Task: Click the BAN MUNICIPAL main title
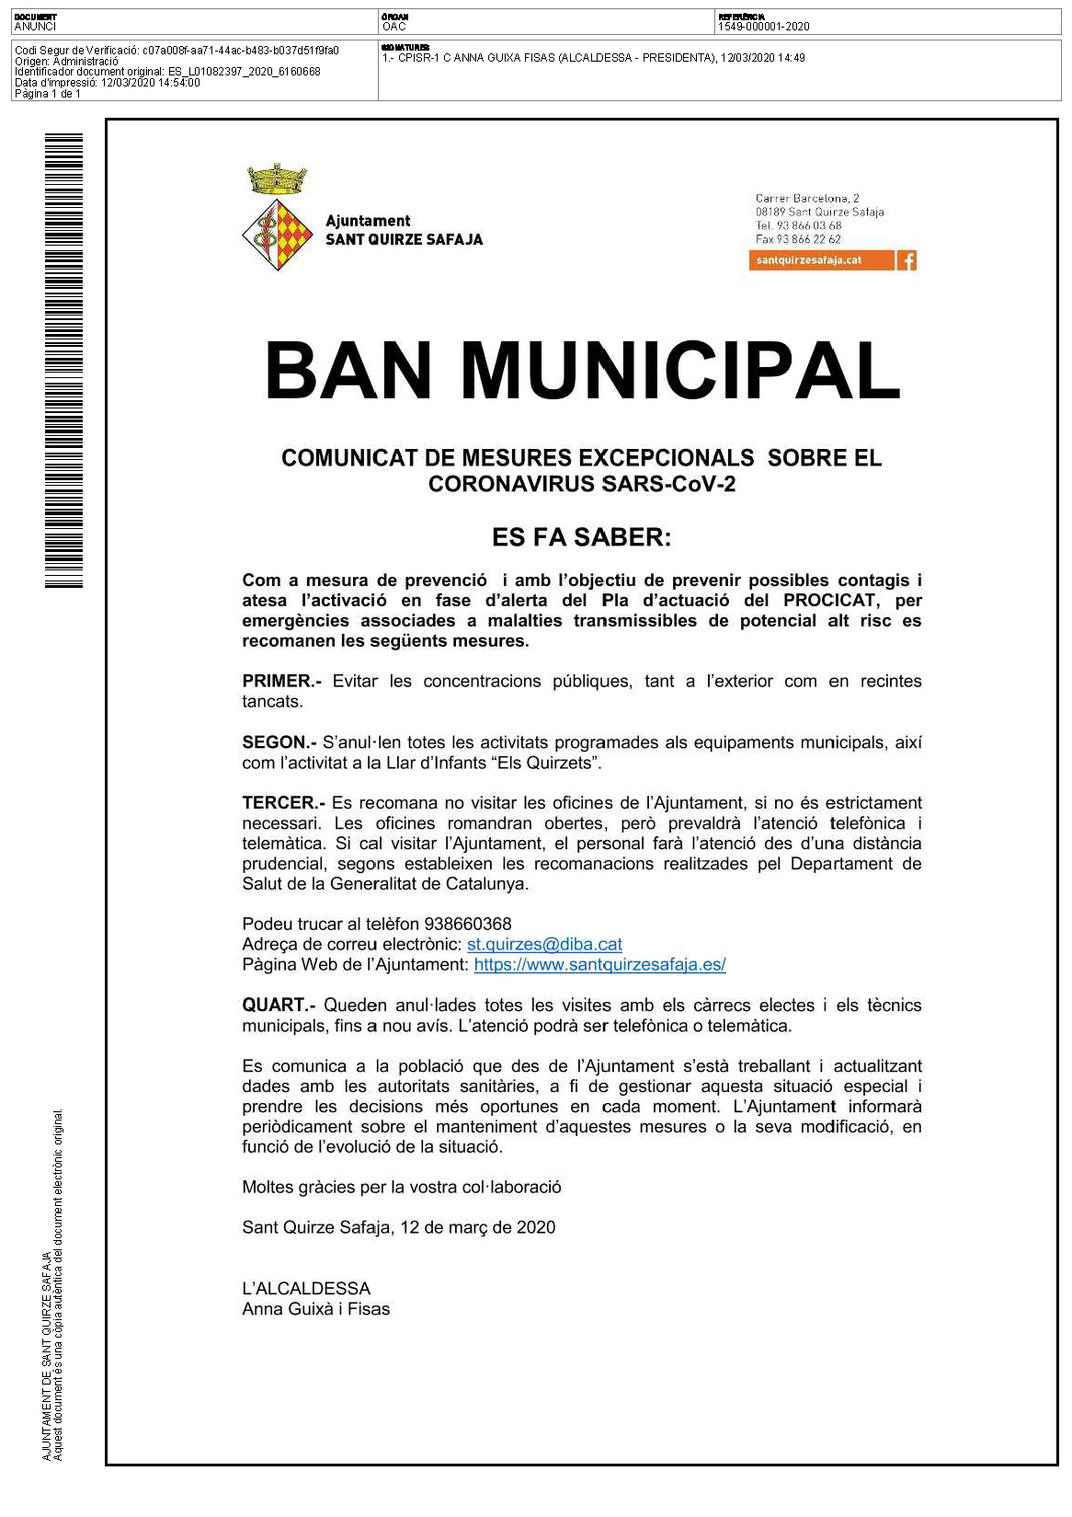pyautogui.click(x=581, y=370)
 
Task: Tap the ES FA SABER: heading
pyautogui.click(x=581, y=537)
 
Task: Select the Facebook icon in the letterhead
pyautogui.click(x=907, y=260)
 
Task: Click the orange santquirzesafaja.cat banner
pyautogui.click(x=821, y=260)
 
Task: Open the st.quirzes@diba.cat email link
pyautogui.click(x=544, y=945)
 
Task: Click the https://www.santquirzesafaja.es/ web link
pyautogui.click(x=599, y=965)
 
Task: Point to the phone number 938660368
pyautogui.click(x=467, y=925)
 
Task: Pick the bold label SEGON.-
pyautogui.click(x=279, y=742)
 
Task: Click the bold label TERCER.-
pyautogui.click(x=283, y=803)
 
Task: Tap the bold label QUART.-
pyautogui.click(x=279, y=1006)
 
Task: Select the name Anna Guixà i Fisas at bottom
pyautogui.click(x=315, y=1309)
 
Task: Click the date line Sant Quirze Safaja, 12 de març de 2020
pyautogui.click(x=398, y=1228)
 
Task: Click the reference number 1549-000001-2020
pyautogui.click(x=763, y=27)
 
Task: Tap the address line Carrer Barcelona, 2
pyautogui.click(x=807, y=199)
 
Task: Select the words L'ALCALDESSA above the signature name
pyautogui.click(x=306, y=1289)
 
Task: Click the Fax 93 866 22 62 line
pyautogui.click(x=798, y=239)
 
